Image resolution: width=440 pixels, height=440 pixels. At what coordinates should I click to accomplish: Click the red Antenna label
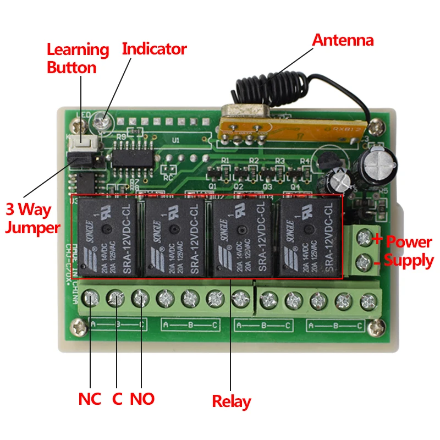pos(343,40)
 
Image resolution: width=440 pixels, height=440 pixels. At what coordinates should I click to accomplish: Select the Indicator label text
pos(154,48)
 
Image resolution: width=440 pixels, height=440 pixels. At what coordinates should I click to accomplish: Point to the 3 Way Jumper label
pos(32,218)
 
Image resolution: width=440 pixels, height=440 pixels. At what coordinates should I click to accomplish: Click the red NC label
pos(90,399)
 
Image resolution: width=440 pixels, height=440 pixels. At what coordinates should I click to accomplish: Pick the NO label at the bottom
pos(142,399)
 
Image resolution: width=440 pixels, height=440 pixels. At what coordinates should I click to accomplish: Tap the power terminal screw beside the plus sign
pos(363,238)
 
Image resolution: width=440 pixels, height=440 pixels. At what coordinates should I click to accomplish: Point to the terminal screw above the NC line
pos(90,299)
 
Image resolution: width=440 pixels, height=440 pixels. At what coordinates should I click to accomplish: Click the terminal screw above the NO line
pos(140,299)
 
